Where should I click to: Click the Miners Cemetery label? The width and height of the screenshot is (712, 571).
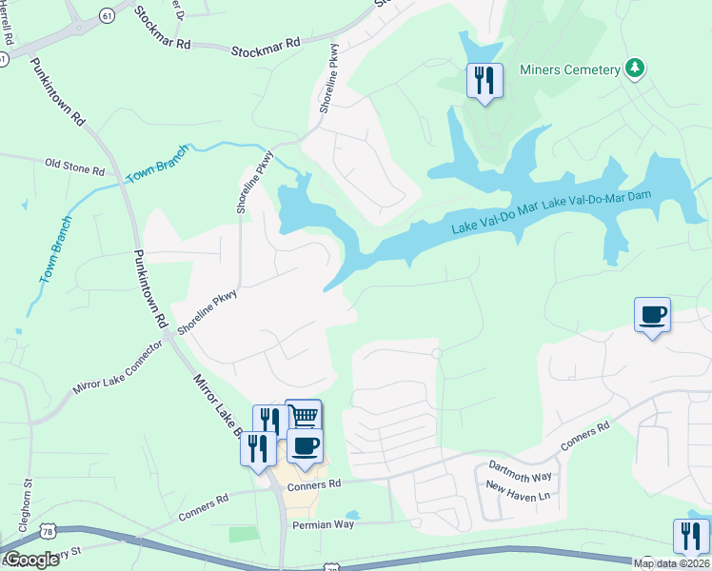(x=568, y=69)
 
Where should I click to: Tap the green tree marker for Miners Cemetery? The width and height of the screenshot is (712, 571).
(x=634, y=69)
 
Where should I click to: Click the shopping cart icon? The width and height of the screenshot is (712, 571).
(x=303, y=416)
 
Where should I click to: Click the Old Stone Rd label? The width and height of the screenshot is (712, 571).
(x=74, y=167)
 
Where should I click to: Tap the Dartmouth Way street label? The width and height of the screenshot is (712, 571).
(x=520, y=469)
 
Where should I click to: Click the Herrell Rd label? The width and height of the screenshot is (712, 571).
(x=8, y=29)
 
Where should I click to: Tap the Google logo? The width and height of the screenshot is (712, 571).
(x=30, y=560)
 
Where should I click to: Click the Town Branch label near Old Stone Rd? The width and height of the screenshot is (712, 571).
(x=154, y=167)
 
